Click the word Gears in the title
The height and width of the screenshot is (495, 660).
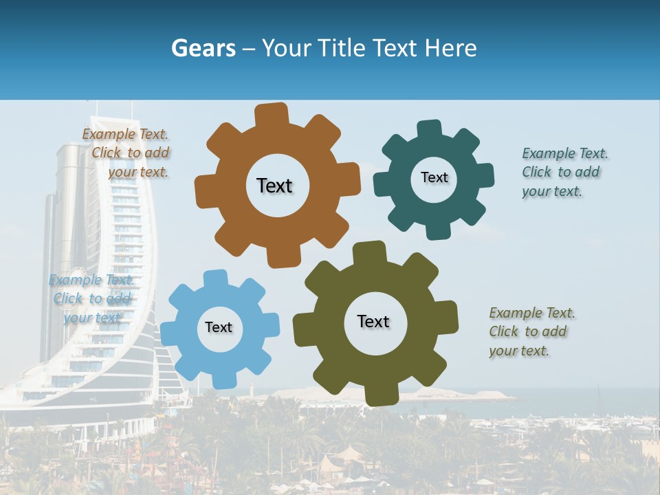203,48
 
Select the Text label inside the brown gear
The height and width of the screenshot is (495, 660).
274,186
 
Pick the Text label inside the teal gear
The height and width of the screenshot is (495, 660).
434,177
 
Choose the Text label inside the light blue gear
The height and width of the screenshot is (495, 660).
219,327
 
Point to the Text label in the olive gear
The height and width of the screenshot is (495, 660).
373,321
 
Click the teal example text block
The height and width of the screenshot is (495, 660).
564,172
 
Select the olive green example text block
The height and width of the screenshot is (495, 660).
531,331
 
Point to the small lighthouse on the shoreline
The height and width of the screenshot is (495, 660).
252,388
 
